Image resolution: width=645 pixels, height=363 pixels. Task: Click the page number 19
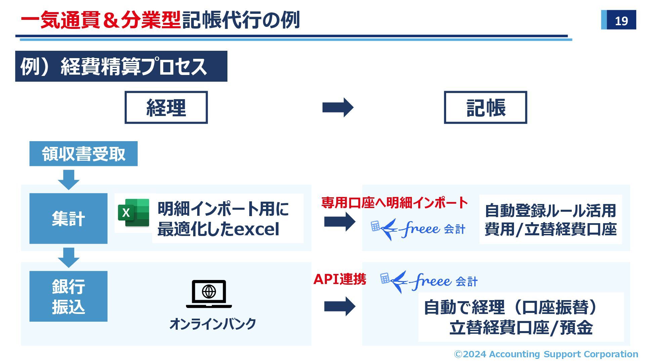[621, 21]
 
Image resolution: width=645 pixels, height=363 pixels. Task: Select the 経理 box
[166, 108]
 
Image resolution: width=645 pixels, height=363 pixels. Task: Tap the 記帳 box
[485, 108]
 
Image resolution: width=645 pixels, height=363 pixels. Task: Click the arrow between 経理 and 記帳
[338, 108]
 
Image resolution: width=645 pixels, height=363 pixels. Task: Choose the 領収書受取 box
[83, 154]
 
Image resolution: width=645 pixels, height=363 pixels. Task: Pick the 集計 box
[68, 218]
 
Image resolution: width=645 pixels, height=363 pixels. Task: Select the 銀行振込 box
[68, 296]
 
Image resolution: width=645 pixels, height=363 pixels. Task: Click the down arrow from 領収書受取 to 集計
[69, 179]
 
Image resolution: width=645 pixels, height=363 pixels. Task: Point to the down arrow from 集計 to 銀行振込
[69, 257]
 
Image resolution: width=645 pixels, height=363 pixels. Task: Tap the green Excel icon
[133, 213]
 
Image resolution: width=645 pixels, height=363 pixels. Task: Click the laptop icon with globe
[209, 293]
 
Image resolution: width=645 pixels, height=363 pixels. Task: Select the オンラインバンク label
[213, 324]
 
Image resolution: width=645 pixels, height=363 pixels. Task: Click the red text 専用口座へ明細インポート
[394, 203]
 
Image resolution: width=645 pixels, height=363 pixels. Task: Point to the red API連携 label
[339, 279]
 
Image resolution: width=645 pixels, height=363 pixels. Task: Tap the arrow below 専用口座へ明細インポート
[339, 221]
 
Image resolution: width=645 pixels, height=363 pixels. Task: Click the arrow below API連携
[339, 306]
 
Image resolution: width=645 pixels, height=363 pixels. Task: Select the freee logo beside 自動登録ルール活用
[418, 229]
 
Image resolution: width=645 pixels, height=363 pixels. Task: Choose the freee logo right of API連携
[429, 281]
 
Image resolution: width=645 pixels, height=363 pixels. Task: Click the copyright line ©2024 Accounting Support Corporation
[546, 354]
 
